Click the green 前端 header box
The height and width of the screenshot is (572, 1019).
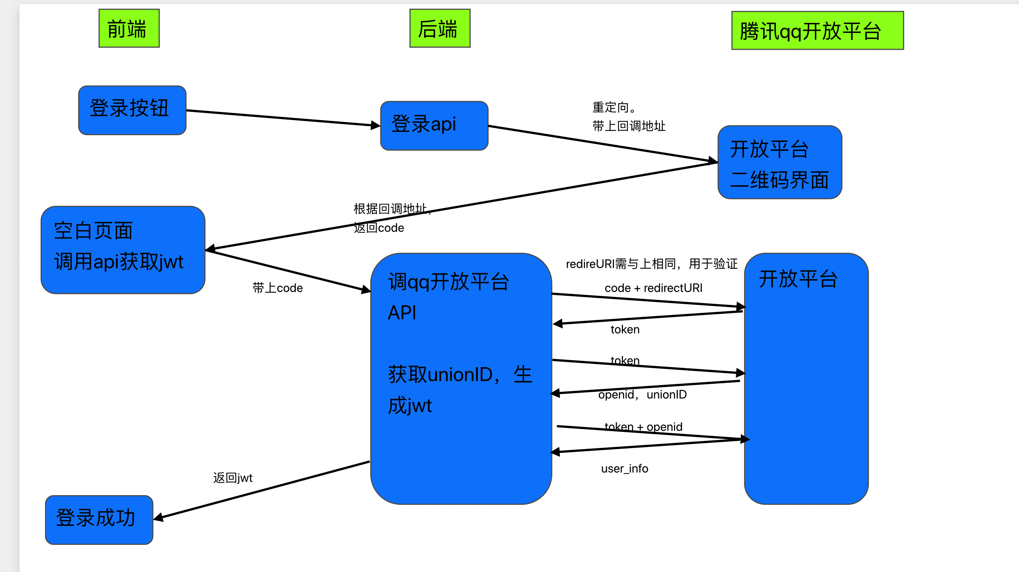129,29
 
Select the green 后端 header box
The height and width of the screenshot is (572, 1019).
439,29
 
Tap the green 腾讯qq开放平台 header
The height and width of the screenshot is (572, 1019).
817,30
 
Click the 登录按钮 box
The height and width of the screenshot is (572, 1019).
132,110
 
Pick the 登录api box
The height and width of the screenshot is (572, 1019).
434,126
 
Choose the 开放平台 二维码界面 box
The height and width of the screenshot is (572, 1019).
779,162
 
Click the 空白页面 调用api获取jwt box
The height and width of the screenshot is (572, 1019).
123,250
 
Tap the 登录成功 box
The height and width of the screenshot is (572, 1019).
99,519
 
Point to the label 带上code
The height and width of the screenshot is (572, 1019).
278,288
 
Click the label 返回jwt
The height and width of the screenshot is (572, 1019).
233,478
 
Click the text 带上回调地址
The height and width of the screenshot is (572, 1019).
629,126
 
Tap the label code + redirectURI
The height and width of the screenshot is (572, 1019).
654,288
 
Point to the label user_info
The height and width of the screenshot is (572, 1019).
625,469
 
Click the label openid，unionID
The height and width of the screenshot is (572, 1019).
643,395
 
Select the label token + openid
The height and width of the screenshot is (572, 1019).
644,426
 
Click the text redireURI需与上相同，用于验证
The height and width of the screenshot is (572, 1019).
651,264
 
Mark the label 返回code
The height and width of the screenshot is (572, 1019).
379,228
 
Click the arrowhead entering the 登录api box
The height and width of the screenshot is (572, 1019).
375,125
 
